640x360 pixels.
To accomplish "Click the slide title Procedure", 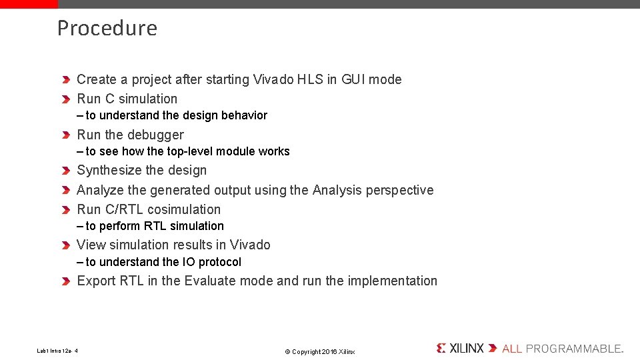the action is (107, 28).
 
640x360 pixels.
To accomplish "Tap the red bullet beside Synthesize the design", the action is (66, 171).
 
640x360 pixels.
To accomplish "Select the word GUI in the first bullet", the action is (353, 79).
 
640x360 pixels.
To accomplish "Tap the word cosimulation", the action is (184, 209).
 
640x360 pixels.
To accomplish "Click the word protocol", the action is (219, 262).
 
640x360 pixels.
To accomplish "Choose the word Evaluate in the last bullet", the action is (210, 281).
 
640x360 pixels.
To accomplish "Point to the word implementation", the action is (392, 281).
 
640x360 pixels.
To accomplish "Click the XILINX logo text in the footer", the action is (466, 348).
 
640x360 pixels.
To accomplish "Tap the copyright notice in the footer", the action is (319, 351).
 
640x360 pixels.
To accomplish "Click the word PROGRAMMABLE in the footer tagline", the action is (574, 349).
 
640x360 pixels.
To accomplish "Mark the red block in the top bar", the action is (29, 4).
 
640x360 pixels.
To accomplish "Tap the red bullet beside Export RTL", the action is (66, 281).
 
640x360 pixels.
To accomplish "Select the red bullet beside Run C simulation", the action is (66, 99).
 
